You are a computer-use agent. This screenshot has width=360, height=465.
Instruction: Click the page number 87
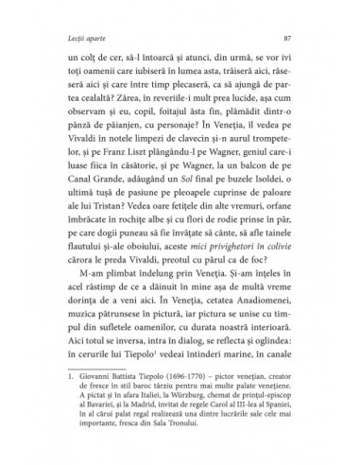click(285, 37)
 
